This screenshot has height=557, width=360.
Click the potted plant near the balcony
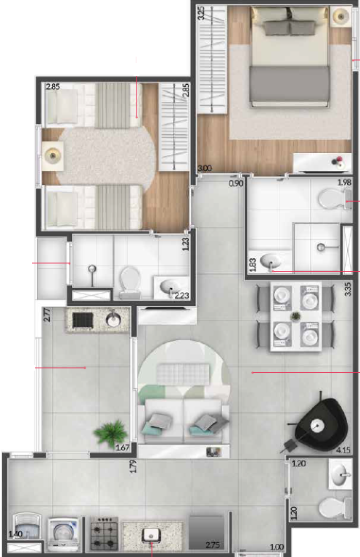tap(109, 434)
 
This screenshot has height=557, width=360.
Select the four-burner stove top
tap(104, 534)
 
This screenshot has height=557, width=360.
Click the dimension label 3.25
tap(201, 14)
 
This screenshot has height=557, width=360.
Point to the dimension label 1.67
tap(123, 448)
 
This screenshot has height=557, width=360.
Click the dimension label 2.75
tap(213, 545)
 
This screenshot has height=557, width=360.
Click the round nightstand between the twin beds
tap(53, 153)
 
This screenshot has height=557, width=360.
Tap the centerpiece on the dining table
tap(296, 316)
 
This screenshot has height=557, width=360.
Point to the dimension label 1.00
tap(276, 548)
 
